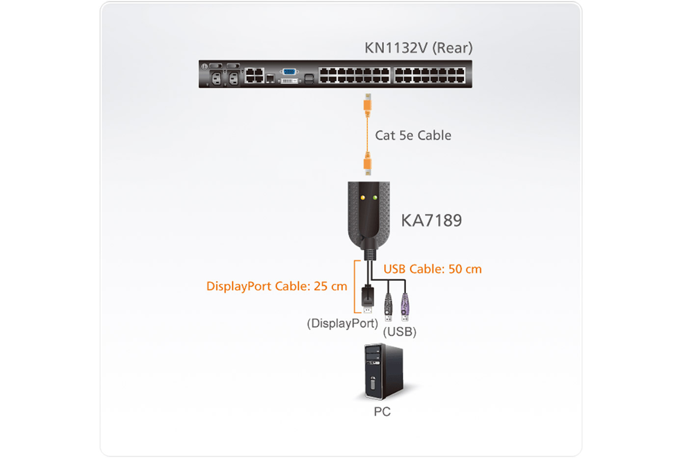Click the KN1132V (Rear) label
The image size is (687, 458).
(418, 48)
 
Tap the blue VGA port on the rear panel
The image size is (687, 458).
(289, 72)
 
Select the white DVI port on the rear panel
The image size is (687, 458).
(289, 81)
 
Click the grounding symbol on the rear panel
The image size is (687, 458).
(205, 66)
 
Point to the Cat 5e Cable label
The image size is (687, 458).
(413, 135)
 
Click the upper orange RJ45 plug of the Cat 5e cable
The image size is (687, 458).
(367, 105)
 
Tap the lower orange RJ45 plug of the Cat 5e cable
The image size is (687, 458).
(367, 163)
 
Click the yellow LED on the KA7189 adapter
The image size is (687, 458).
(363, 198)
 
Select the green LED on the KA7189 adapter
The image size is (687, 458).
(375, 198)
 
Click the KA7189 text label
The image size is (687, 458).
(431, 220)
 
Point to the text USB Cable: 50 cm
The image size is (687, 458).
(432, 269)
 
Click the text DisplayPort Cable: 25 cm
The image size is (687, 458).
(276, 286)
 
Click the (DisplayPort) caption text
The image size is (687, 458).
(342, 323)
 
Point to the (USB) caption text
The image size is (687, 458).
(399, 332)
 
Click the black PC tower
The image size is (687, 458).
(383, 372)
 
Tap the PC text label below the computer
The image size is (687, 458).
(382, 411)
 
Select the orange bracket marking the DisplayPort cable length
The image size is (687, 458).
(355, 287)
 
